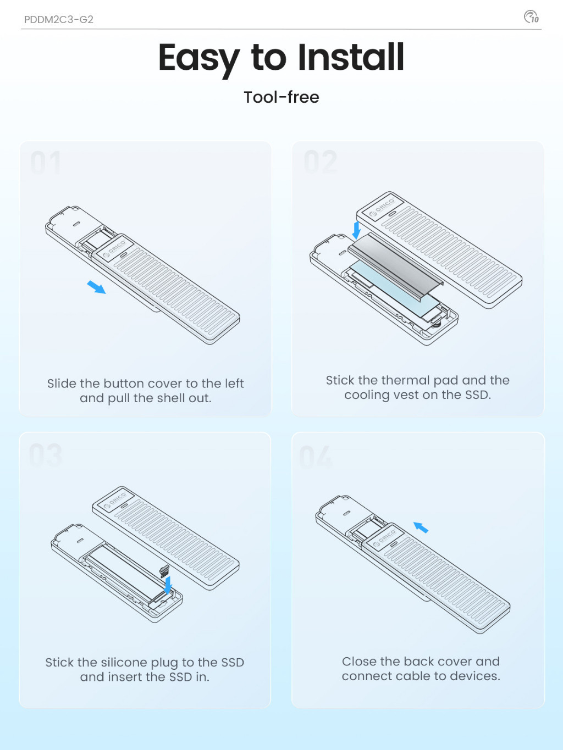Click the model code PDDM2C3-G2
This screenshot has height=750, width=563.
(x=59, y=19)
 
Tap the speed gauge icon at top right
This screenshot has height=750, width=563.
(x=531, y=17)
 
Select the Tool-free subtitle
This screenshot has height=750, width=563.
(x=281, y=97)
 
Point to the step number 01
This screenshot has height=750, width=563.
(x=46, y=163)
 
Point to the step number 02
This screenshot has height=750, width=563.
(x=321, y=162)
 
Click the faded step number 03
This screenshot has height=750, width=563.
(x=46, y=455)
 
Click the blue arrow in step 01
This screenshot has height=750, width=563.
(x=96, y=287)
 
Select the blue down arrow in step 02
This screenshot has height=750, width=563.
(x=356, y=230)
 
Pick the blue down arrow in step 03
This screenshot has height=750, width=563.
(x=168, y=585)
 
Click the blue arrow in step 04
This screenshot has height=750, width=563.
(x=421, y=527)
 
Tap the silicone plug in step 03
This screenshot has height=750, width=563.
(x=164, y=570)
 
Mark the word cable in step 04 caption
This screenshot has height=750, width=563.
(x=413, y=676)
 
